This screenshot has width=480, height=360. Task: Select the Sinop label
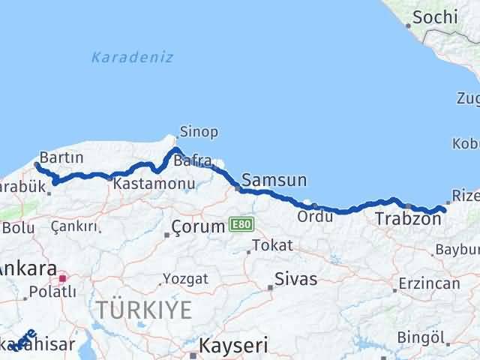click(199, 132)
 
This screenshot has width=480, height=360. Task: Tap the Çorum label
click(198, 226)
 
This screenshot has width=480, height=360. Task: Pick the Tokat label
click(271, 245)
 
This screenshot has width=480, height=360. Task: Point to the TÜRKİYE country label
click(143, 310)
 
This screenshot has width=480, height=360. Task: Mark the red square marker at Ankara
click(63, 277)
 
